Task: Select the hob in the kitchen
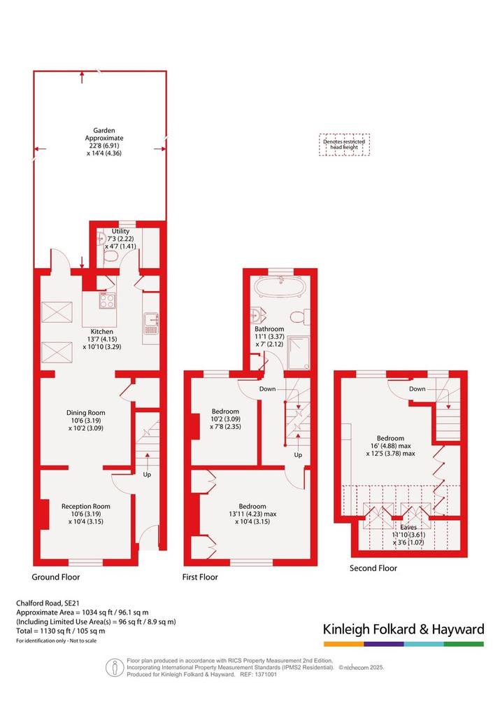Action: point(107,301)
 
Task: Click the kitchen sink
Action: point(150,323)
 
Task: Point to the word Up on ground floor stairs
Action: point(147,475)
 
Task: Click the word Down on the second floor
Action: point(417,388)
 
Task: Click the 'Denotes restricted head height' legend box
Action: point(344,144)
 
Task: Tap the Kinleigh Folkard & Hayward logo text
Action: point(403,629)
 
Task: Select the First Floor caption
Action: point(200,577)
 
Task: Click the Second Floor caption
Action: point(373,568)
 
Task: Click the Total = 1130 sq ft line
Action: point(60,631)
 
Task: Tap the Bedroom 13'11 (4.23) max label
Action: point(252,514)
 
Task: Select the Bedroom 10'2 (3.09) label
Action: point(226,419)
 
